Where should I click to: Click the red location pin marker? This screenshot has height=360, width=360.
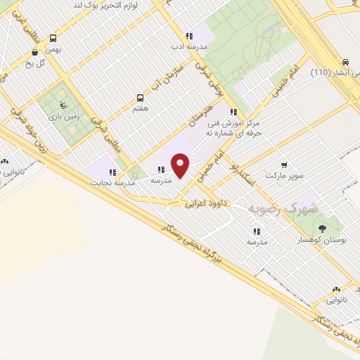(181, 166)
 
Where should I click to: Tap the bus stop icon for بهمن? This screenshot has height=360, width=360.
(54, 39)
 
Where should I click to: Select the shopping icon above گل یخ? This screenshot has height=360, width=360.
(34, 52)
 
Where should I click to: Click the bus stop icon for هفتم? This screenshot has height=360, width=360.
(140, 98)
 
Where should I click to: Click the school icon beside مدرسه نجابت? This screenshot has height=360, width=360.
(112, 172)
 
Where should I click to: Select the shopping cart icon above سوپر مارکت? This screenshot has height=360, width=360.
(284, 165)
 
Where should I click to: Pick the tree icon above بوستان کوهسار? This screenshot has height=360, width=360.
(322, 229)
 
